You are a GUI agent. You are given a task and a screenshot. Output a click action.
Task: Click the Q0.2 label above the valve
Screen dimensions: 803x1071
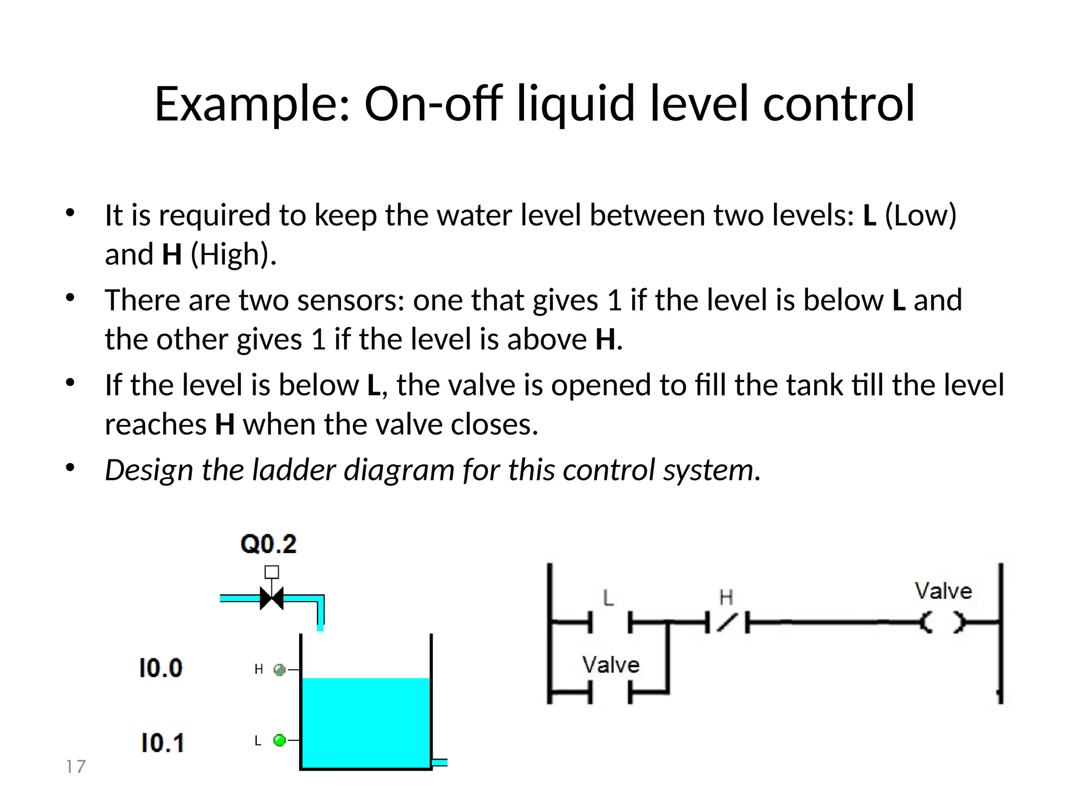pyautogui.click(x=268, y=544)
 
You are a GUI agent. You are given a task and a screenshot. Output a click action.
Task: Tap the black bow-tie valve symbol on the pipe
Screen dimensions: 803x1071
pyautogui.click(x=272, y=598)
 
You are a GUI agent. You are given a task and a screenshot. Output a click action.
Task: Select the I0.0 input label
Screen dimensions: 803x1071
pyautogui.click(x=161, y=668)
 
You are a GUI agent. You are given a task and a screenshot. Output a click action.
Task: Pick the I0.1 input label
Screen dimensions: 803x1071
pyautogui.click(x=162, y=743)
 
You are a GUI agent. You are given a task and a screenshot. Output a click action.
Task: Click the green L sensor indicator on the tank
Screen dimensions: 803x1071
pyautogui.click(x=280, y=740)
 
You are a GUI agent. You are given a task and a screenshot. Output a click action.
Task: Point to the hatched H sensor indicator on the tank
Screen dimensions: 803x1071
pyautogui.click(x=280, y=670)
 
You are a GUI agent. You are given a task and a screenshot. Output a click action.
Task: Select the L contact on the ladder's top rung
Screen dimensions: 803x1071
pyautogui.click(x=610, y=622)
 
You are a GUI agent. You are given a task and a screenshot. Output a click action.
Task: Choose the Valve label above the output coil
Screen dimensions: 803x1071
pyautogui.click(x=943, y=591)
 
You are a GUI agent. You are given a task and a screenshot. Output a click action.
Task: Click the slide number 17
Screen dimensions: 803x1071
pyautogui.click(x=76, y=766)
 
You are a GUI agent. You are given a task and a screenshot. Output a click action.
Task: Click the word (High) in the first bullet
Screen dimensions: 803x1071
pyautogui.click(x=233, y=255)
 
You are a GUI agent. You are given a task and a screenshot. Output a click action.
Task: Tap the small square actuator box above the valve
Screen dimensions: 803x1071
pyautogui.click(x=271, y=572)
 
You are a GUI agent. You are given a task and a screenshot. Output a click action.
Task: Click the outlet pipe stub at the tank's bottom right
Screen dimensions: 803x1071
pyautogui.click(x=440, y=762)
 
